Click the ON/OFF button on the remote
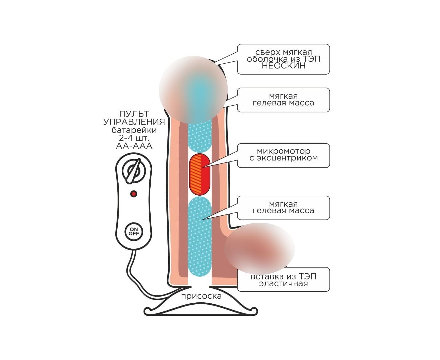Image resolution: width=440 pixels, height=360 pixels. pyautogui.click(x=134, y=232)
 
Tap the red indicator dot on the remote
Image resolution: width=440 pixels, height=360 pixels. pyautogui.click(x=134, y=194)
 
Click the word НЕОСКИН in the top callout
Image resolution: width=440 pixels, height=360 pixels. pyautogui.click(x=283, y=66)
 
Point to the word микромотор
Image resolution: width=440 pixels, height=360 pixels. pyautogui.click(x=283, y=151)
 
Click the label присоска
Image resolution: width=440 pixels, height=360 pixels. pyautogui.click(x=201, y=296)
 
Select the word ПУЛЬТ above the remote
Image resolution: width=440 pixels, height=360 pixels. pyautogui.click(x=134, y=114)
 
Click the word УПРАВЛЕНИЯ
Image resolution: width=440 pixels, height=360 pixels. pyautogui.click(x=134, y=122)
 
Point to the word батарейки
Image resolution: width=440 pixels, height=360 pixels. pyautogui.click(x=134, y=130)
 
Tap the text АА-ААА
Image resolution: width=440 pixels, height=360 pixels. pyautogui.click(x=134, y=146)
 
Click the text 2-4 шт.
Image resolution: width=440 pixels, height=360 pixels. pyautogui.click(x=134, y=138)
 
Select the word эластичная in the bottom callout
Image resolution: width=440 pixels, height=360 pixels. pyautogui.click(x=283, y=284)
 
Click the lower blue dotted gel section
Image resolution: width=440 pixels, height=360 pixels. pyautogui.click(x=200, y=236)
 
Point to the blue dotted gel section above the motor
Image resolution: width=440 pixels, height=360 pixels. pyautogui.click(x=200, y=137)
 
